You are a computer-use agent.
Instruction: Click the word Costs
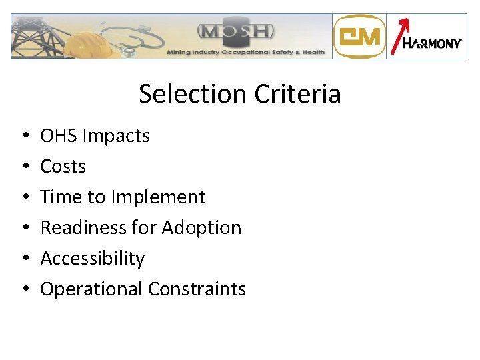click(x=63, y=167)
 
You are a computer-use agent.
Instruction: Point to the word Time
click(x=59, y=197)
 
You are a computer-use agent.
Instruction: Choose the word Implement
click(x=159, y=198)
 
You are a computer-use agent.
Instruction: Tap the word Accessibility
click(x=93, y=259)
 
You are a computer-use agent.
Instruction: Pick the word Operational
click(x=92, y=289)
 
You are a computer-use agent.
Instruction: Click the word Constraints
click(x=197, y=289)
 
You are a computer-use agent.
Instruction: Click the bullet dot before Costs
click(x=24, y=167)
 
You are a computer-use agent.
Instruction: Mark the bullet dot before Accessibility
click(x=24, y=259)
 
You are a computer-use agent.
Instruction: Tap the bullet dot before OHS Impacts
click(x=24, y=137)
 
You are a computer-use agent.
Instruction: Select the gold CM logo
click(x=359, y=37)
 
